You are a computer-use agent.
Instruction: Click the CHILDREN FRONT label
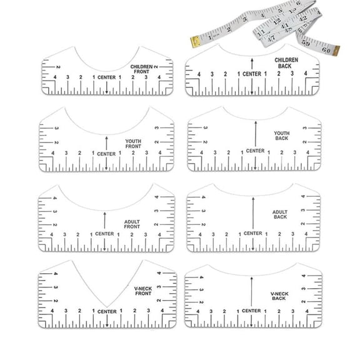tap(141, 69)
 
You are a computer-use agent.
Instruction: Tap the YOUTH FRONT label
tap(133, 144)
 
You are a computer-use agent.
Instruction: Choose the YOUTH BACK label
tap(282, 135)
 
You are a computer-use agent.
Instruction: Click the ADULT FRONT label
tap(132, 224)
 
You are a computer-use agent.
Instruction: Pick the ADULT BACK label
tap(280, 214)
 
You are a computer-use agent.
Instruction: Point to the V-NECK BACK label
tap(279, 296)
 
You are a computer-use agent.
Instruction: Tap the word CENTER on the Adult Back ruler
tap(252, 233)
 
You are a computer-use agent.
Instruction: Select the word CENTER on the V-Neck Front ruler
tap(107, 311)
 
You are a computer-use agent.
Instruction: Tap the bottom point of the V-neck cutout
tap(105, 306)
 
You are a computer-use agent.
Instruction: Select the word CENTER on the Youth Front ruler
tap(106, 154)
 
